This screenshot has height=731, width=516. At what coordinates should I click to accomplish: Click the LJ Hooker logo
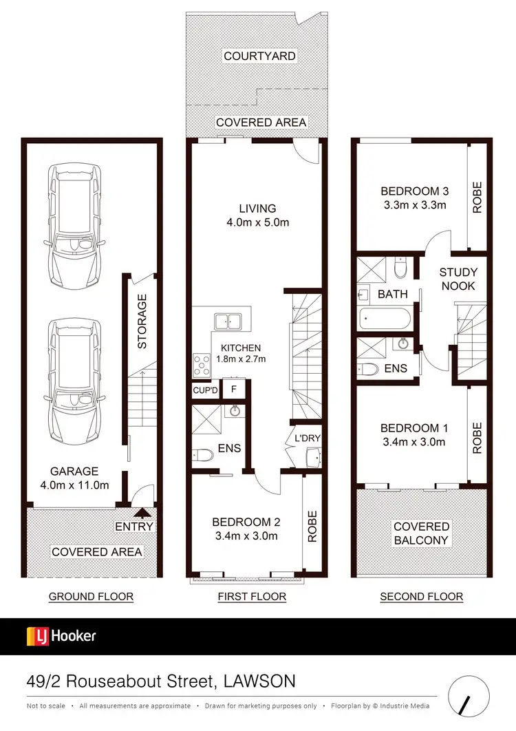click(61, 635)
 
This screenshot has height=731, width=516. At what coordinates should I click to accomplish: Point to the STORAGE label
click(142, 321)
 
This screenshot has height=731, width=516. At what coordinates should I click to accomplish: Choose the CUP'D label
click(205, 390)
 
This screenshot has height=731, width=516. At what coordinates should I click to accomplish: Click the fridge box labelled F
click(233, 390)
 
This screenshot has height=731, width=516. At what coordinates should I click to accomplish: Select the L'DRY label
click(307, 438)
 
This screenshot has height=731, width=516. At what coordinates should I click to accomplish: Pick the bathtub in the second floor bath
click(385, 319)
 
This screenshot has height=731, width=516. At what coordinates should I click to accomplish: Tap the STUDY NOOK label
click(458, 279)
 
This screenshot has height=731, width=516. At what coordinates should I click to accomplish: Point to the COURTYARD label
click(259, 56)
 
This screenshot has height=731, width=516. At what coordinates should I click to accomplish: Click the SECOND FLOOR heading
click(421, 596)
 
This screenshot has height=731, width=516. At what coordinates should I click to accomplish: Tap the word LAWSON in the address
click(260, 681)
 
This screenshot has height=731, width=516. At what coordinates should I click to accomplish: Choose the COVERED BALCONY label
click(421, 533)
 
